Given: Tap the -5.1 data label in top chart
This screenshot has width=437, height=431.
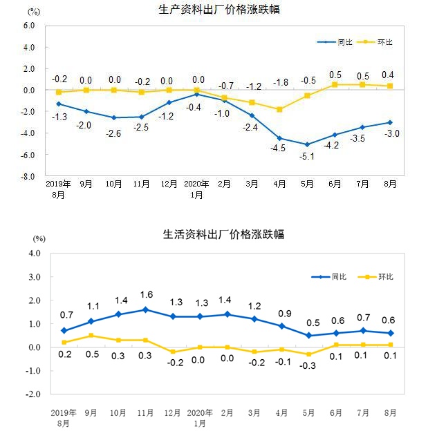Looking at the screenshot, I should pyautogui.click(x=308, y=156).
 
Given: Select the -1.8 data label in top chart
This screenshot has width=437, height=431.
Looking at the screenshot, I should pyautogui.click(x=280, y=83).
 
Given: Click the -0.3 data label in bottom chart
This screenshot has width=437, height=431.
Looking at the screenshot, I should pyautogui.click(x=308, y=366).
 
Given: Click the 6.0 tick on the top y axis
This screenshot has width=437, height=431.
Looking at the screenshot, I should pyautogui.click(x=28, y=26).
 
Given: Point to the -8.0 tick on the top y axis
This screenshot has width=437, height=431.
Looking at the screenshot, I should pyautogui.click(x=27, y=177).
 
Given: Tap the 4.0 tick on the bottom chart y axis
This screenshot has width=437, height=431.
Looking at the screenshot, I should pyautogui.click(x=35, y=253).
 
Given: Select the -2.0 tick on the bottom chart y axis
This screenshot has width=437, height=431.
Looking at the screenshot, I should pyautogui.click(x=33, y=395).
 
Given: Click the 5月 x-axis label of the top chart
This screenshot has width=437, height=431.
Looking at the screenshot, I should pyautogui.click(x=308, y=185).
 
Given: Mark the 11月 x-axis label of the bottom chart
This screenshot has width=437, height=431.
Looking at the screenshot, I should pyautogui.click(x=145, y=412).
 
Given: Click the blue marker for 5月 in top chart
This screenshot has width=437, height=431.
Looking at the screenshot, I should pyautogui.click(x=308, y=144).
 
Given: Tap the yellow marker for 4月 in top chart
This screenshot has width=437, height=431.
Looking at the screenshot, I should pyautogui.click(x=280, y=109).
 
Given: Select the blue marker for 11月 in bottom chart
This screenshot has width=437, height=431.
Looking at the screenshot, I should pyautogui.click(x=145, y=309).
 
